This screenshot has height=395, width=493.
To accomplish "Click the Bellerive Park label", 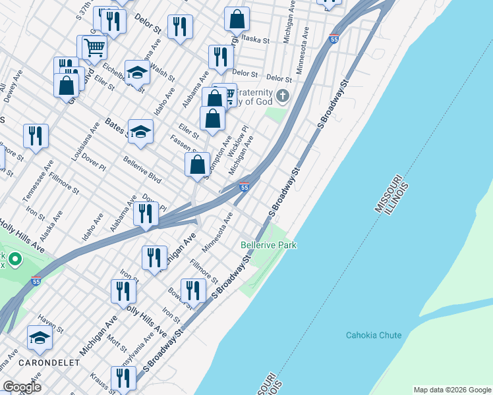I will click(x=268, y=245).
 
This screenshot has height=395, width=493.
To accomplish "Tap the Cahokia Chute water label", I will click(x=374, y=335).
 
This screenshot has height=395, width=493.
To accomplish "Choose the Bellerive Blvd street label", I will click(x=142, y=169).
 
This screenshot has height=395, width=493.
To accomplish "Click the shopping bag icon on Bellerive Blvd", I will click(x=197, y=166).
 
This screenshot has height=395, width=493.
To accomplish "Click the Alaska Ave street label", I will click(x=51, y=225).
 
